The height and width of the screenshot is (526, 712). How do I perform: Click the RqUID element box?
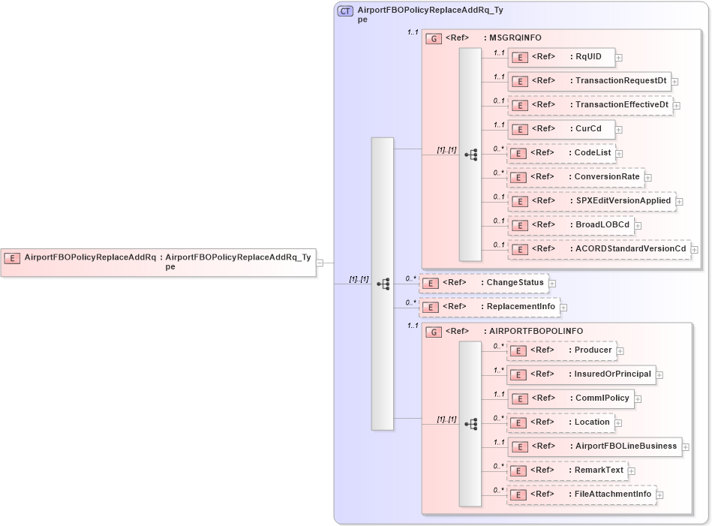561,57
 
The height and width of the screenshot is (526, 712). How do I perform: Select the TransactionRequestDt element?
590,81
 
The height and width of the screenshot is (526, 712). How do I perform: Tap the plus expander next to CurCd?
619,129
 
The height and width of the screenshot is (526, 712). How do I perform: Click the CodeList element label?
593,153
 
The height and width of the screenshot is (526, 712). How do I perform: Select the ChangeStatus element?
483,283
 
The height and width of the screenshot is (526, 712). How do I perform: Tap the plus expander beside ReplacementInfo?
563,307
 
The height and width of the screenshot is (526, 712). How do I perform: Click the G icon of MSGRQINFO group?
434,38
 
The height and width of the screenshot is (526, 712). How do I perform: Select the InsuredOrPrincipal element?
581,374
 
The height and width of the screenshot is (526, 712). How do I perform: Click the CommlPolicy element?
570,398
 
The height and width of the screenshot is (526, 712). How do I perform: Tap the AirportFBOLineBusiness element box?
594,446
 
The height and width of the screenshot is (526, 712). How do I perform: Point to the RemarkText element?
567,470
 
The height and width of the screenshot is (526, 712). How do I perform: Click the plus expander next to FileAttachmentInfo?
660,494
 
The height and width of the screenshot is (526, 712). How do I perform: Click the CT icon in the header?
346,11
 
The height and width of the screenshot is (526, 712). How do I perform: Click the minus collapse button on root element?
320,263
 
